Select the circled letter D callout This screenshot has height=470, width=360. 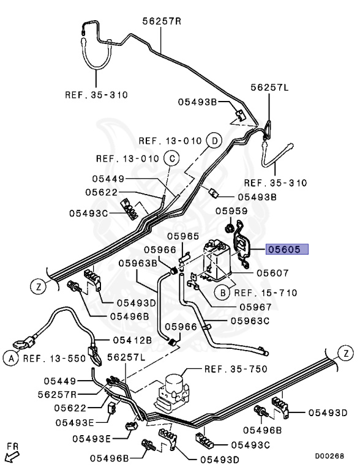pyautogui.click(x=214, y=141)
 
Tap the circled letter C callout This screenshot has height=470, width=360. pyautogui.click(x=171, y=159)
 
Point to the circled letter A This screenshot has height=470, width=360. pyautogui.click(x=11, y=359)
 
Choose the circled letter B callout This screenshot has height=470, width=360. pyautogui.click(x=222, y=293)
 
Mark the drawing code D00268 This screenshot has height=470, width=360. pyautogui.click(x=329, y=456)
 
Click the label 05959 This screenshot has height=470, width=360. pyautogui.click(x=231, y=211)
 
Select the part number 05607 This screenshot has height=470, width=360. pyautogui.click(x=272, y=273)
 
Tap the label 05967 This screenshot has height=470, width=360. pyautogui.click(x=255, y=307)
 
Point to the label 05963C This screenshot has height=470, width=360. pyautogui.click(x=250, y=321)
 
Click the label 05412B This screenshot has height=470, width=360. pyautogui.click(x=132, y=340)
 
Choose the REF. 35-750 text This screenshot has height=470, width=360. pyautogui.click(x=236, y=368)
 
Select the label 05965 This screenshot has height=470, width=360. pyautogui.click(x=183, y=236)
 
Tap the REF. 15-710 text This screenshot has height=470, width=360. pyautogui.click(x=266, y=293)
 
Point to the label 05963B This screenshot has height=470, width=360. pyautogui.click(x=138, y=263)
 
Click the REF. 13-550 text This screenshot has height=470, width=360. pyautogui.click(x=54, y=358)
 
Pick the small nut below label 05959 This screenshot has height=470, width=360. pyautogui.click(x=229, y=229)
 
